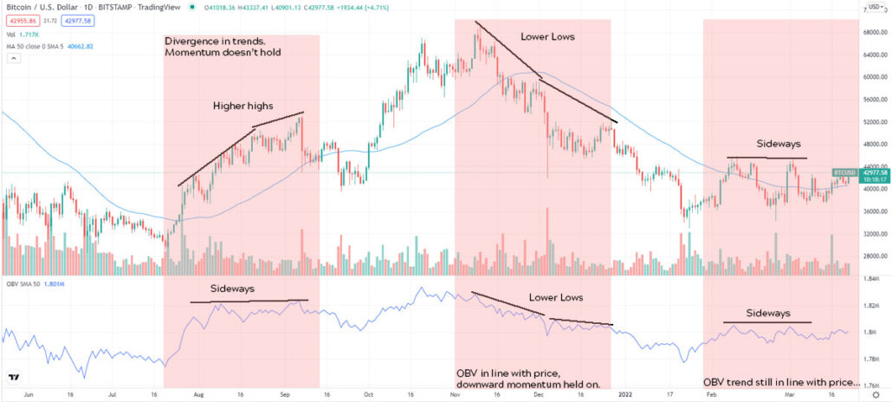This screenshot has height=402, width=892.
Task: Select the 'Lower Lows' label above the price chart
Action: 547,37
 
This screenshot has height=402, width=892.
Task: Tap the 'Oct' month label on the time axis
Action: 370,393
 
